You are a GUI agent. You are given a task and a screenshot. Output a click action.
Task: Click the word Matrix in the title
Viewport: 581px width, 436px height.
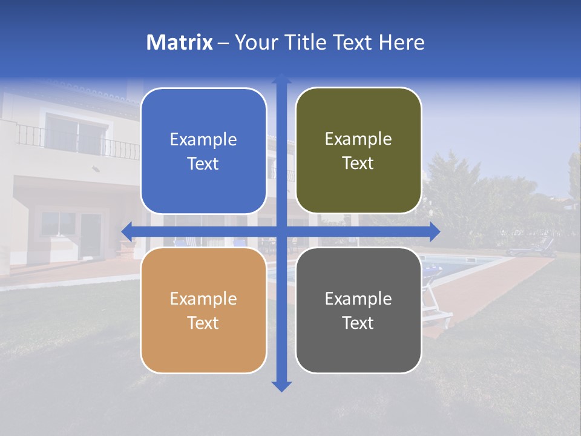tap(179, 42)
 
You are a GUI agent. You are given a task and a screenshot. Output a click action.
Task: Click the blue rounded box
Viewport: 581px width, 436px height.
tap(203, 151)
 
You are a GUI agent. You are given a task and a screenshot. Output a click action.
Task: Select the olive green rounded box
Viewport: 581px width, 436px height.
tap(358, 150)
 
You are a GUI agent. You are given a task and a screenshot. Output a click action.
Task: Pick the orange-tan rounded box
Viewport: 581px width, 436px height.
tap(203, 310)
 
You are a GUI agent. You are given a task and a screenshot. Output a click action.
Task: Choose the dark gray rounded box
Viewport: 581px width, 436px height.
tap(358, 310)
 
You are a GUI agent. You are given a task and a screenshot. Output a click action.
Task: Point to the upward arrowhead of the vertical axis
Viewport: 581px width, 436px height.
tap(281, 79)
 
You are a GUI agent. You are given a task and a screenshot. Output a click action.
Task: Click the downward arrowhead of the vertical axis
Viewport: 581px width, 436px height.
tap(281, 386)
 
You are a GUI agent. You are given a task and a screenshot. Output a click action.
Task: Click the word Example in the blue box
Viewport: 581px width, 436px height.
tap(203, 140)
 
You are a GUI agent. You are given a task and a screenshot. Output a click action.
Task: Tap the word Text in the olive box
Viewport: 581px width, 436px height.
tap(358, 163)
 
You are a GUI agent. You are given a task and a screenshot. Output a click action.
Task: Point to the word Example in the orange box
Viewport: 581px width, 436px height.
tap(203, 299)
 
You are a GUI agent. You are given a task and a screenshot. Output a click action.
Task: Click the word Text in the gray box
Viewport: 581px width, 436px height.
tap(358, 323)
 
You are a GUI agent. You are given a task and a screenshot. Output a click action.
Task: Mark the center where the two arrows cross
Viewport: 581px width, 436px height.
tap(281, 231)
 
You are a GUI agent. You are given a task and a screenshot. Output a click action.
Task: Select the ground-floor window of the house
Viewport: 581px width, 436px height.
tap(59, 223)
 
